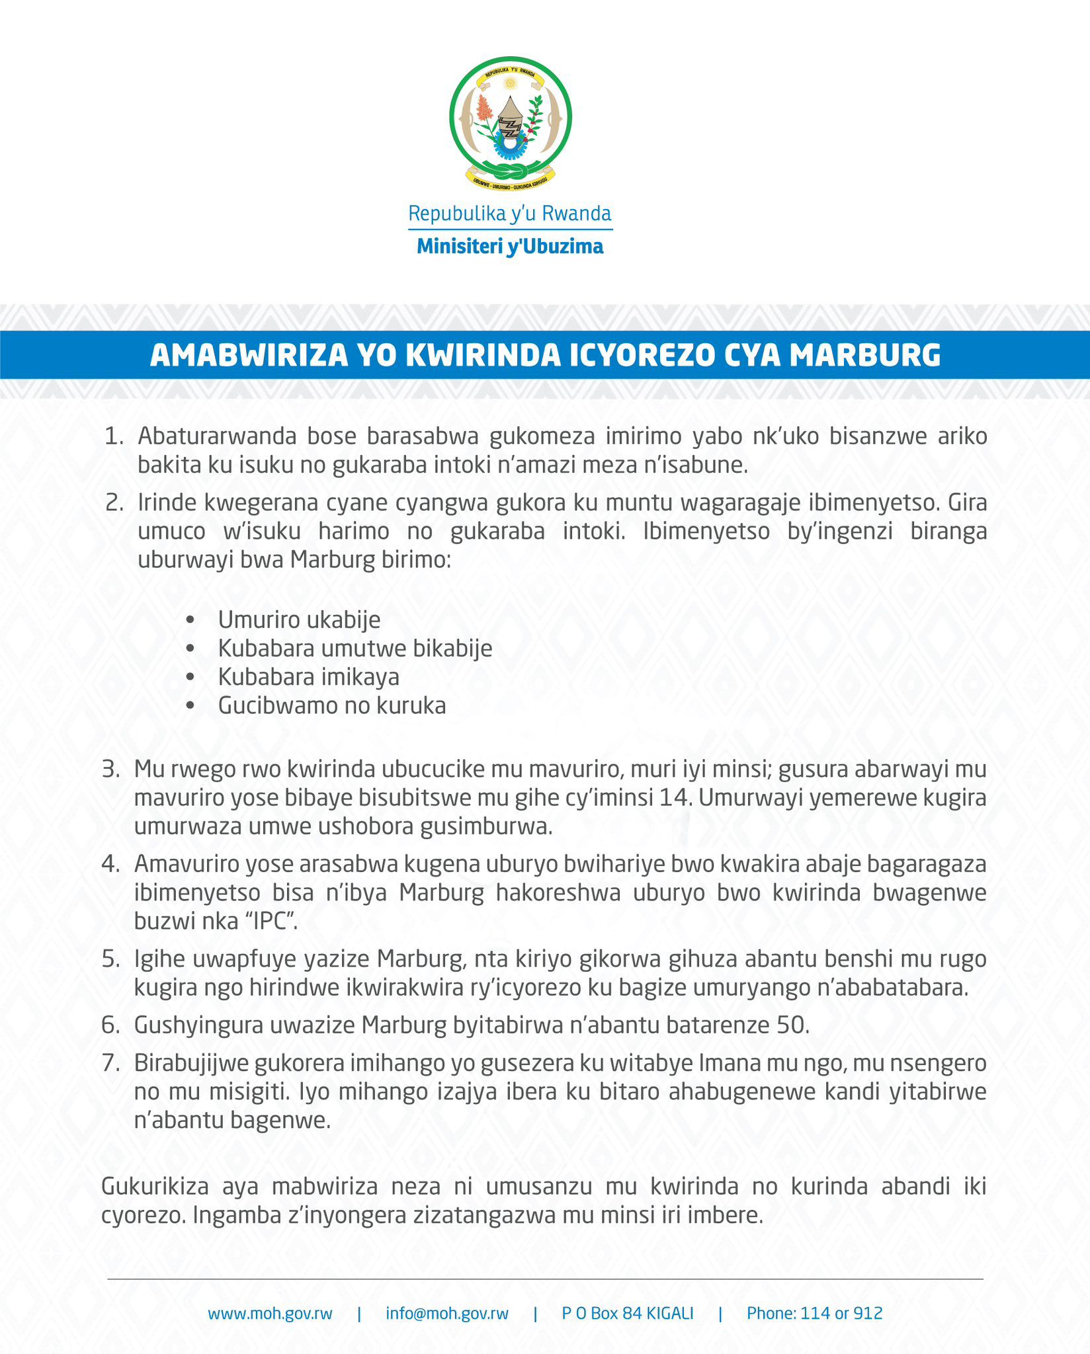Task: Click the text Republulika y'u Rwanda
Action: [x=510, y=214]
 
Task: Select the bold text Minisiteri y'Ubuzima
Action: [x=510, y=247]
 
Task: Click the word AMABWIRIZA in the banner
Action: [x=249, y=355]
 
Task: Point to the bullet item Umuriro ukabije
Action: [x=299, y=619]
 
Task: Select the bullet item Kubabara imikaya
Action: [x=308, y=677]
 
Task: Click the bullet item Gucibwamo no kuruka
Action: [x=332, y=705]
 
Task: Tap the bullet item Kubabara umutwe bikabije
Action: [x=355, y=648]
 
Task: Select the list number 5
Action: [x=110, y=959]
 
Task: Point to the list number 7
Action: [x=110, y=1063]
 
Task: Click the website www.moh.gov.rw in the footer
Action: [x=270, y=1314]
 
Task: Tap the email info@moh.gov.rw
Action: [x=447, y=1314]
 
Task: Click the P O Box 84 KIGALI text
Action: [x=628, y=1314]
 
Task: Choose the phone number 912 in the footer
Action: [x=869, y=1314]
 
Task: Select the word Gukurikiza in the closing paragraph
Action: [x=155, y=1187]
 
